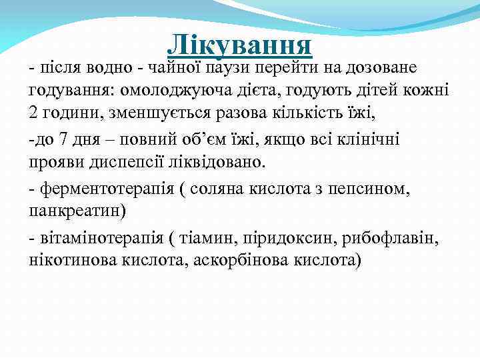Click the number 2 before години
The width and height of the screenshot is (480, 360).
[x=34, y=111]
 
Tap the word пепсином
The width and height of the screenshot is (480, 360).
[x=377, y=189]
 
